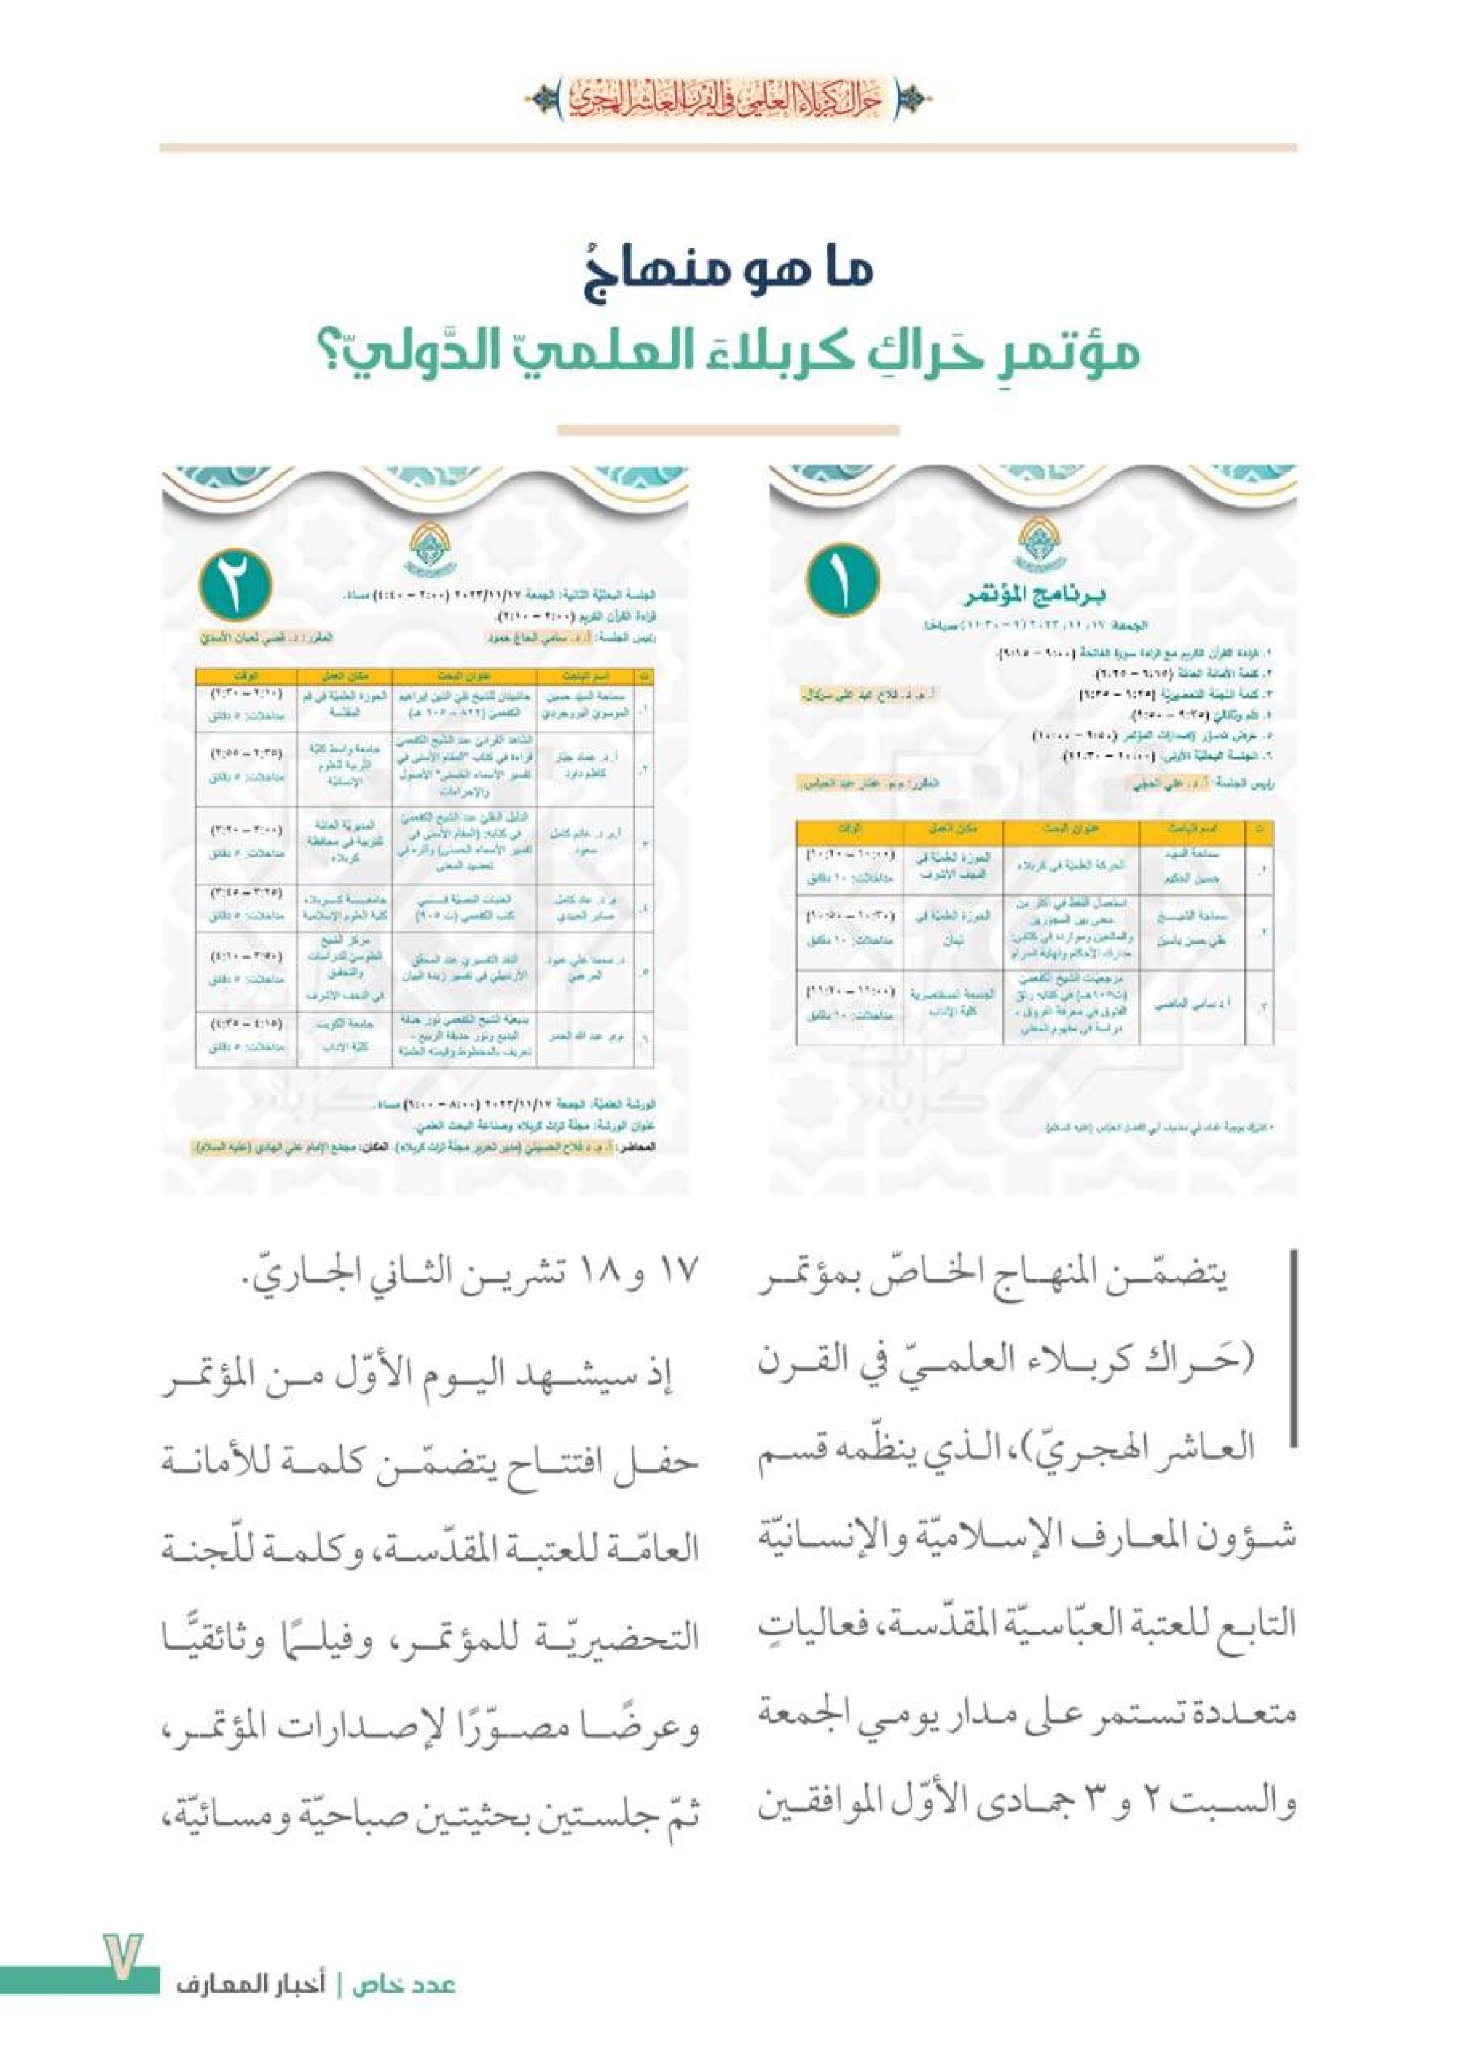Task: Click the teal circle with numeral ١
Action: [x=841, y=581]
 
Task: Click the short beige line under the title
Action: [x=728, y=431]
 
